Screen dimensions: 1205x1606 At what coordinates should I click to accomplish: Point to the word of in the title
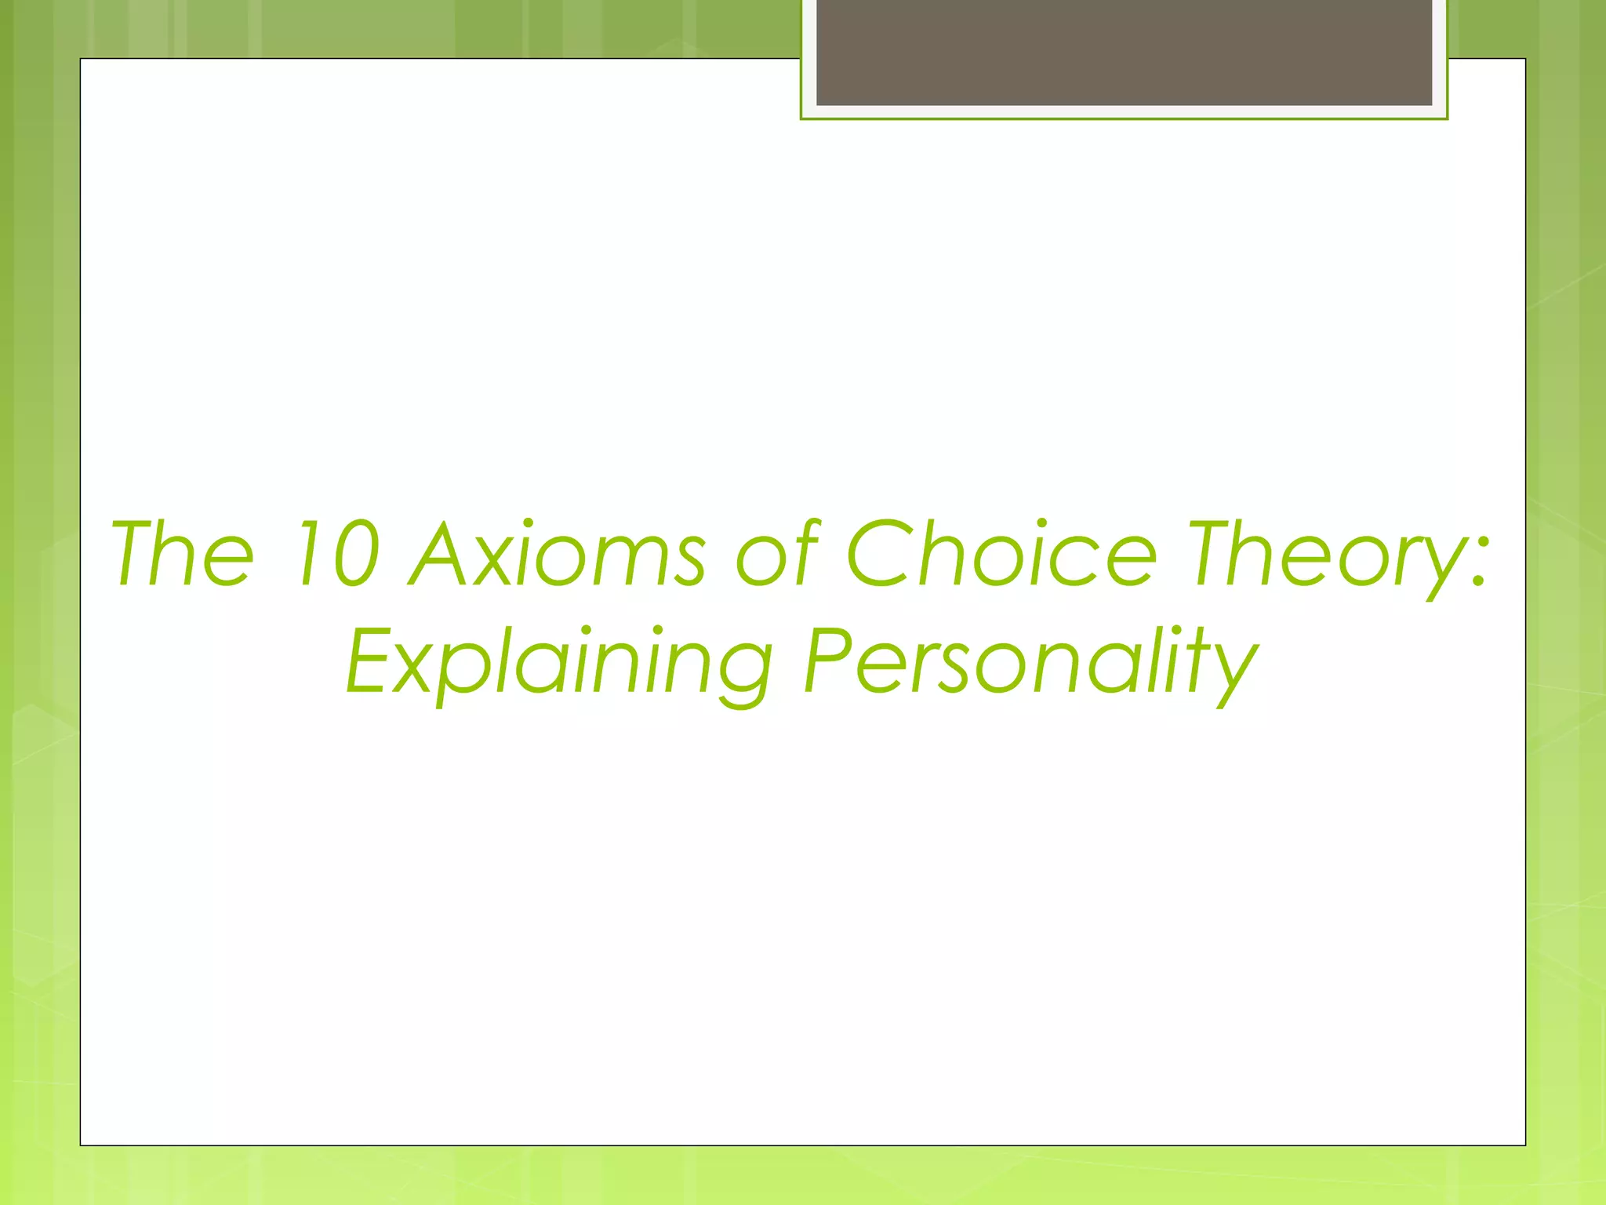[777, 554]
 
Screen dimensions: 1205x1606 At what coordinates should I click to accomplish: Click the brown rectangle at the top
[1124, 52]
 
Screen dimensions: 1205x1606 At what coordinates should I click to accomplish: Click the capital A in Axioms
[443, 554]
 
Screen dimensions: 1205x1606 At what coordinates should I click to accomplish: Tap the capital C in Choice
[882, 554]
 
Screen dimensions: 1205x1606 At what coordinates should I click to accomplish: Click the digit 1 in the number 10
[302, 554]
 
